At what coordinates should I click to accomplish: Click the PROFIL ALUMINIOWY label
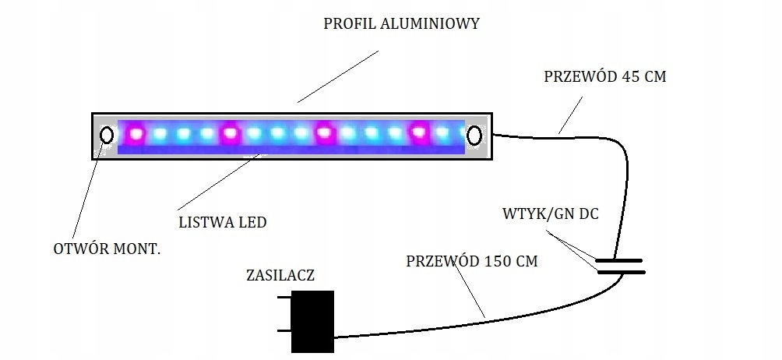coord(401,23)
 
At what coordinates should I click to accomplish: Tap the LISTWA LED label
coord(223,223)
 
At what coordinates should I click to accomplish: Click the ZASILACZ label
coord(280,275)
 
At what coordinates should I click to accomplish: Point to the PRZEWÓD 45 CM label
coord(604,77)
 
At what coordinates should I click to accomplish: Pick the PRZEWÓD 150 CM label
coord(471,261)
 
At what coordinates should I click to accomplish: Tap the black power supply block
coord(312,321)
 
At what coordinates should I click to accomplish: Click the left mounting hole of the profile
coord(107,136)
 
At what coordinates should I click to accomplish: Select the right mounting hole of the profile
coord(474,136)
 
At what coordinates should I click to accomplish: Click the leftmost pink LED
coord(136,134)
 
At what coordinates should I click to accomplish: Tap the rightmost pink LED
coord(421,133)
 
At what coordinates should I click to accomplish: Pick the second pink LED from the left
coord(230,133)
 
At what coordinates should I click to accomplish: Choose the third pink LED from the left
coord(325,133)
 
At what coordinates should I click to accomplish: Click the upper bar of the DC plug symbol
coord(620,260)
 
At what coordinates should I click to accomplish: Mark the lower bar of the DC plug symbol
coord(620,272)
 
